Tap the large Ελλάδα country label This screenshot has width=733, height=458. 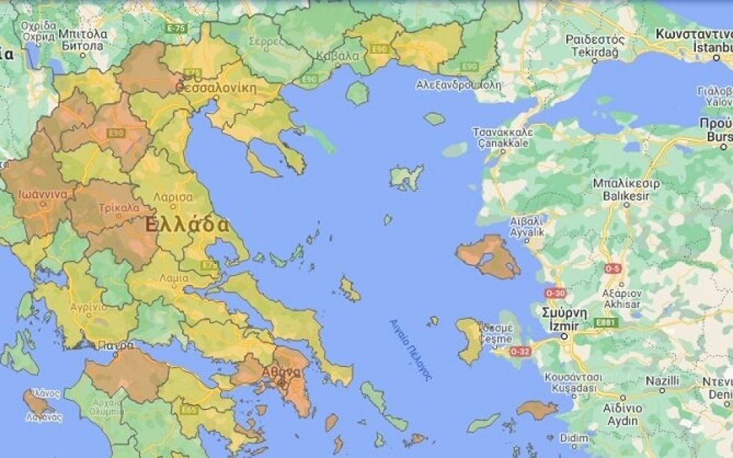coord(187,224)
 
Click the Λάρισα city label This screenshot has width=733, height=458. coord(173,196)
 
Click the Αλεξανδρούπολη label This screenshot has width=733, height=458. coord(459,84)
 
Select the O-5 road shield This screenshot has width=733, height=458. coord(612,268)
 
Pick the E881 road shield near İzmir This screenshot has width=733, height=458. coord(606,323)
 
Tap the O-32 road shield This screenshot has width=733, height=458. coord(520,351)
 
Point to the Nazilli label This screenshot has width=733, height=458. coord(662,381)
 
